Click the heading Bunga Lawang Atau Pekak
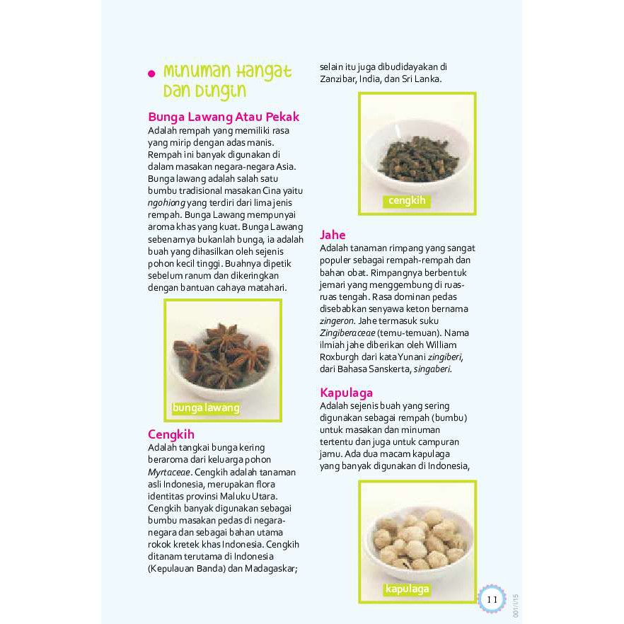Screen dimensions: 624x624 coord(224,117)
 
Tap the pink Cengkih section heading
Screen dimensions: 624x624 coord(171,434)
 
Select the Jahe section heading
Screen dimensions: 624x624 coord(333,234)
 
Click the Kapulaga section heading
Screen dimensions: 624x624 coord(346,392)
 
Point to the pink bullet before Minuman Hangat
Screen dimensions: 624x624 coord(151,74)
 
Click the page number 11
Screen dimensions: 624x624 coord(492,599)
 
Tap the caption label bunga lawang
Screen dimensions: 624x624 coord(206,408)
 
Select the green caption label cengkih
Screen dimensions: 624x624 coord(407,200)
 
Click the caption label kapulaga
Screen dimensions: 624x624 coord(407,589)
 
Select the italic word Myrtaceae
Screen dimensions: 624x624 coord(169,472)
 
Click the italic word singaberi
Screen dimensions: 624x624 coord(432,369)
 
